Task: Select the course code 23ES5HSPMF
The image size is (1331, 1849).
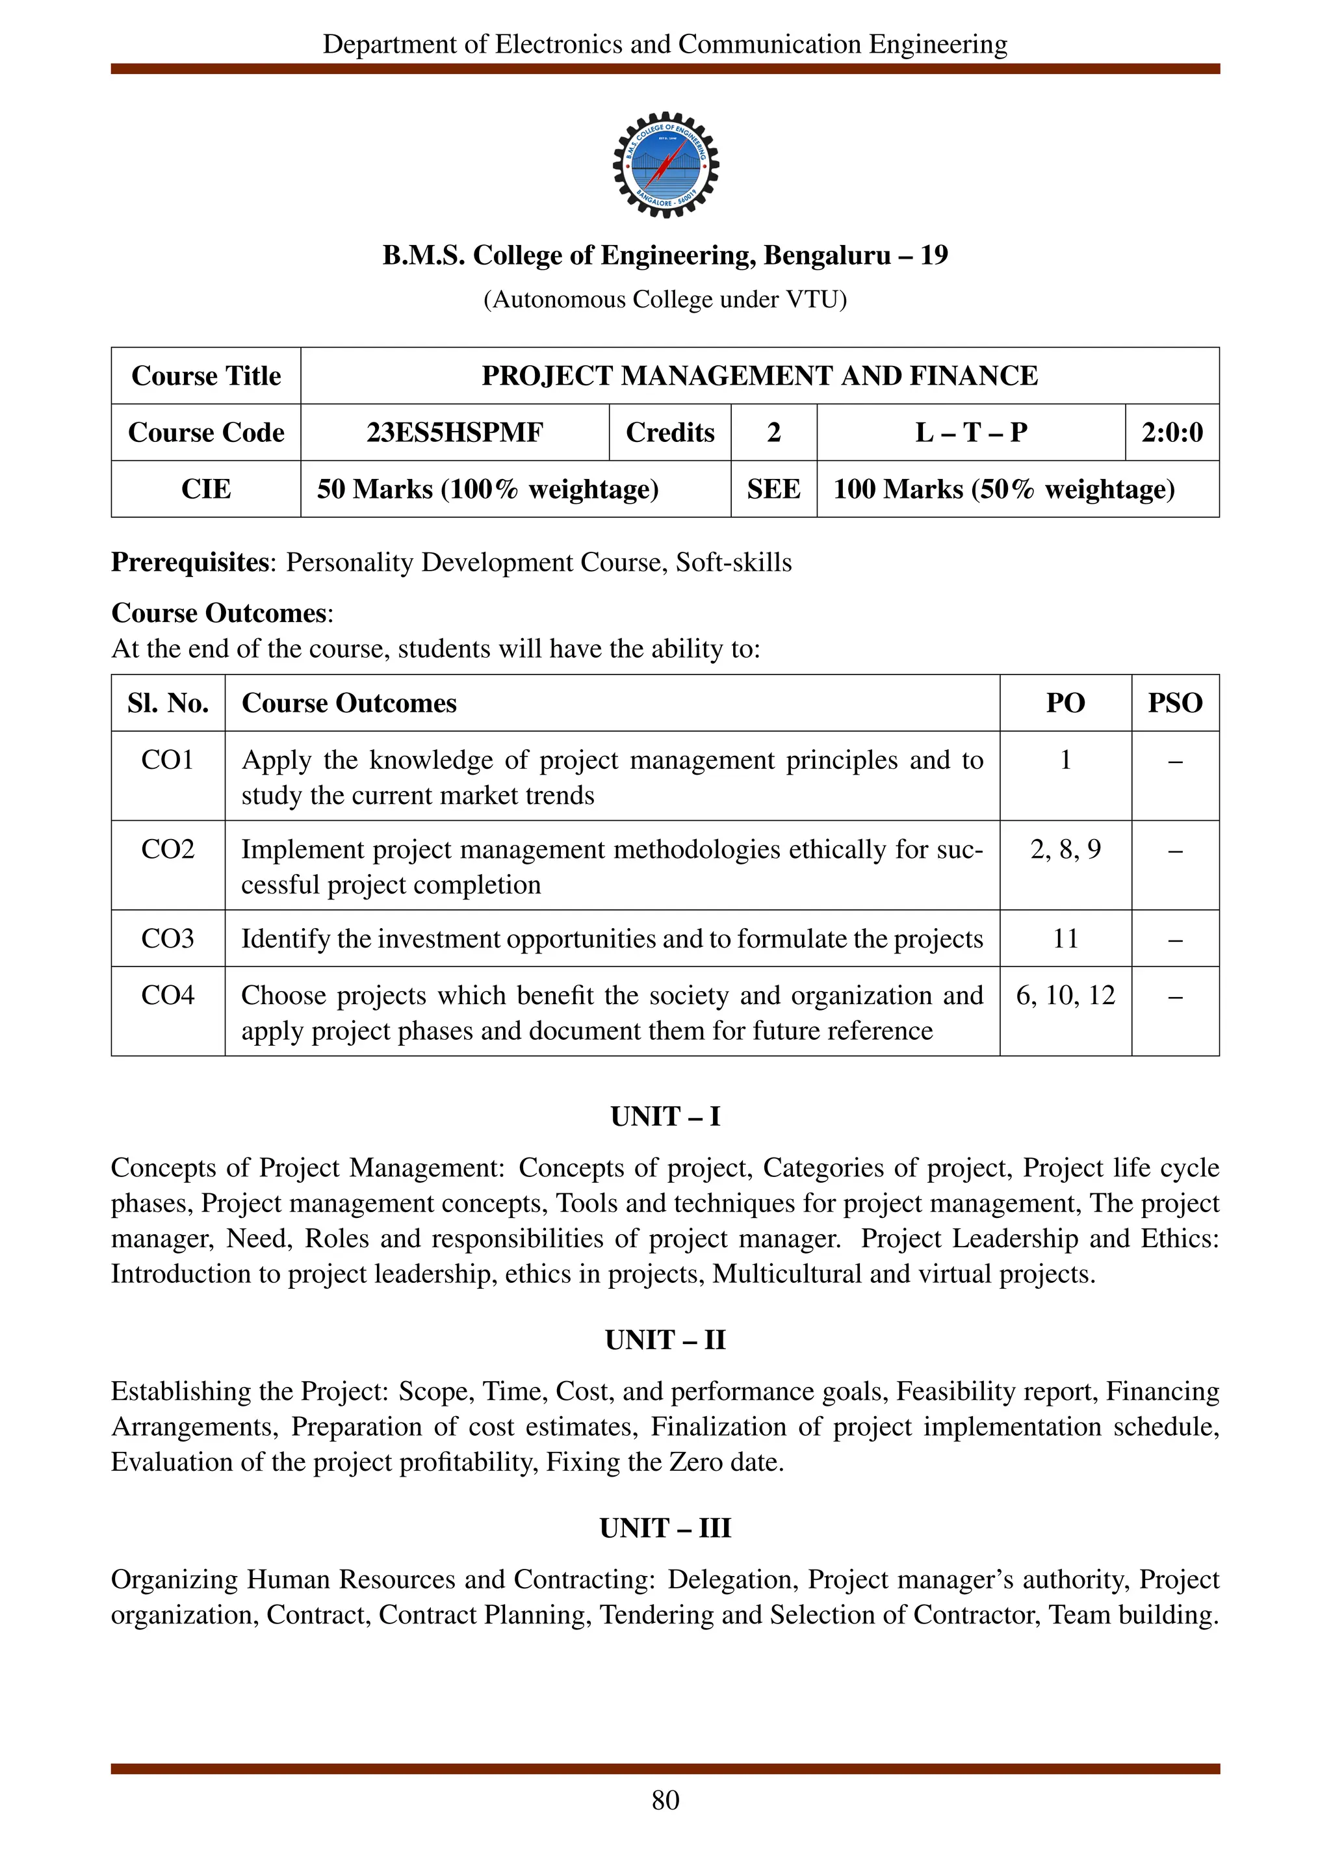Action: pyautogui.click(x=454, y=432)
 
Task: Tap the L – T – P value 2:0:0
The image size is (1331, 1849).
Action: pyautogui.click(x=1171, y=432)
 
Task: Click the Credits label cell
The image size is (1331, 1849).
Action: pyautogui.click(x=669, y=432)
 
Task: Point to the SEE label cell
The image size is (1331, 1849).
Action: pyautogui.click(x=773, y=489)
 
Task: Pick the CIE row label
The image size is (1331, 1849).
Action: pyautogui.click(x=205, y=489)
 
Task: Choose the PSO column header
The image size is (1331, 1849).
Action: pyautogui.click(x=1174, y=703)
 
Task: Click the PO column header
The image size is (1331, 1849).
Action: pyautogui.click(x=1065, y=703)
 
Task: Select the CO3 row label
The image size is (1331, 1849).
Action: pyautogui.click(x=167, y=938)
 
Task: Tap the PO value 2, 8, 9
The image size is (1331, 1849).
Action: pyautogui.click(x=1065, y=849)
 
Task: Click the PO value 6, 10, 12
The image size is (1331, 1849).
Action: pyautogui.click(x=1065, y=996)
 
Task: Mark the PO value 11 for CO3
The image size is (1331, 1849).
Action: pyautogui.click(x=1065, y=938)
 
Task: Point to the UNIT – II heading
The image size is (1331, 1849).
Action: pyautogui.click(x=665, y=1339)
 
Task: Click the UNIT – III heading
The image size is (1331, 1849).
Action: pyautogui.click(x=665, y=1528)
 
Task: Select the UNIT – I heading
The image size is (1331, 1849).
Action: pyautogui.click(x=665, y=1116)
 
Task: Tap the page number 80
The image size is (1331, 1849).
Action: pyautogui.click(x=665, y=1800)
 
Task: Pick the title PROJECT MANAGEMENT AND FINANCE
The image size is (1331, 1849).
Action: pyautogui.click(x=759, y=376)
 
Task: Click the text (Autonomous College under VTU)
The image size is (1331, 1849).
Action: pyautogui.click(x=665, y=300)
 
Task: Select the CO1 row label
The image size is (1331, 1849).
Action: pyautogui.click(x=167, y=760)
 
